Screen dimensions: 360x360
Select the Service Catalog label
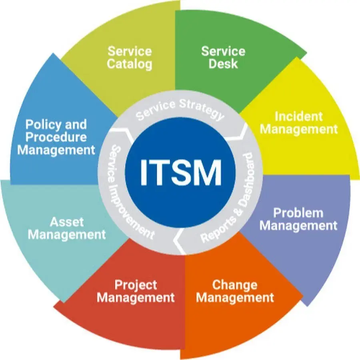click(x=130, y=58)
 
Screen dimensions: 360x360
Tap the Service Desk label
click(x=223, y=57)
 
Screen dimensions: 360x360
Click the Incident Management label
click(x=299, y=123)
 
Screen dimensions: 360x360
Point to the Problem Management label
click(x=298, y=219)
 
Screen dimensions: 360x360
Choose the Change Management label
click(x=235, y=291)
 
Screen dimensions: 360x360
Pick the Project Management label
click(x=136, y=291)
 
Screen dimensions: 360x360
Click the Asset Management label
click(x=67, y=228)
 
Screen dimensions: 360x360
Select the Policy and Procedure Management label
click(x=56, y=137)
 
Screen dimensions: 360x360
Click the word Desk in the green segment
click(x=223, y=64)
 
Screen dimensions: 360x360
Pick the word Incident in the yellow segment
click(x=299, y=116)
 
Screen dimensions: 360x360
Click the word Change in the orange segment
click(x=235, y=285)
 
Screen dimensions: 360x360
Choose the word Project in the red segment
click(x=136, y=285)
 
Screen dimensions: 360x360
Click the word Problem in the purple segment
click(x=298, y=213)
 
